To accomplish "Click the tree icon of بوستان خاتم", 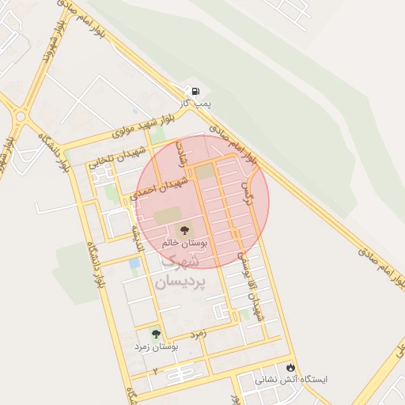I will click(185, 230).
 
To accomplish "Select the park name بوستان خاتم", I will click(185, 244).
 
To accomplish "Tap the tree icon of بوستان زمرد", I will click(155, 335).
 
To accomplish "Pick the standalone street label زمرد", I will click(198, 333).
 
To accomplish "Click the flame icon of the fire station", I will click(290, 368).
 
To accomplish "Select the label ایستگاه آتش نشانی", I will click(290, 380).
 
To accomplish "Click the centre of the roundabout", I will click(20, 116).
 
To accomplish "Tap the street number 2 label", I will click(155, 370).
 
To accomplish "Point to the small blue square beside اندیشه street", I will click(134, 263).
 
